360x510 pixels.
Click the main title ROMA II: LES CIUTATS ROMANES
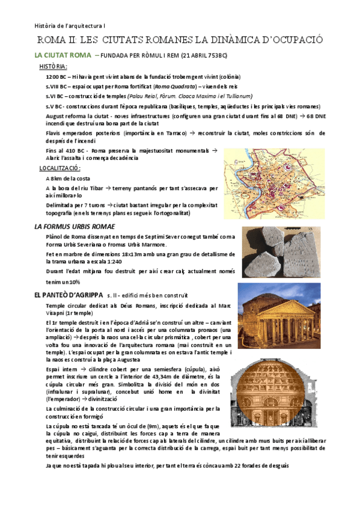180,40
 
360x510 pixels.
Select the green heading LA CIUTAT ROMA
64,55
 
